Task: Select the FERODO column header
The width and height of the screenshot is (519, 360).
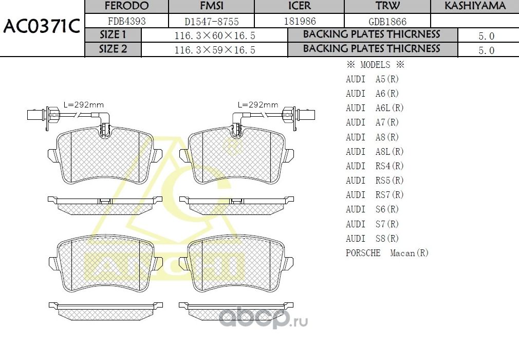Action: tap(126, 6)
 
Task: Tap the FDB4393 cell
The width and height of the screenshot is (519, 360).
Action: tap(126, 22)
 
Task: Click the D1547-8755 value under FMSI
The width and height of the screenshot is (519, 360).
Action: tap(211, 22)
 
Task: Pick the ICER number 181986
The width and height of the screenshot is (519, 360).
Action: tap(300, 22)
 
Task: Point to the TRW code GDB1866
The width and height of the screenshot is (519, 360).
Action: tap(388, 22)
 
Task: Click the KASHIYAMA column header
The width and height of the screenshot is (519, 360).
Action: tap(475, 6)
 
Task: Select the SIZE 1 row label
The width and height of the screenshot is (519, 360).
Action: tap(113, 35)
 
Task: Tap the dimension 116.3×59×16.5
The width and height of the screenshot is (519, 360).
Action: tap(215, 50)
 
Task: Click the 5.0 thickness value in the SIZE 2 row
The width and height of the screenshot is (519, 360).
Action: tap(486, 50)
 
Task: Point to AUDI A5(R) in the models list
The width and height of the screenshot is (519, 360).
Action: tap(372, 79)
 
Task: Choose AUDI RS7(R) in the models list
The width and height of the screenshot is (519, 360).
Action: tap(375, 195)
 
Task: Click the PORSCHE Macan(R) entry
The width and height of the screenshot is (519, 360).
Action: tap(387, 253)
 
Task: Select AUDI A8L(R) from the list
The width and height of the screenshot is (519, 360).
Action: tap(375, 152)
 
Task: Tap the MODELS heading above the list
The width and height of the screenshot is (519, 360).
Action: tap(375, 65)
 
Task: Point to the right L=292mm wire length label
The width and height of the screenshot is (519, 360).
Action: tap(258, 104)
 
